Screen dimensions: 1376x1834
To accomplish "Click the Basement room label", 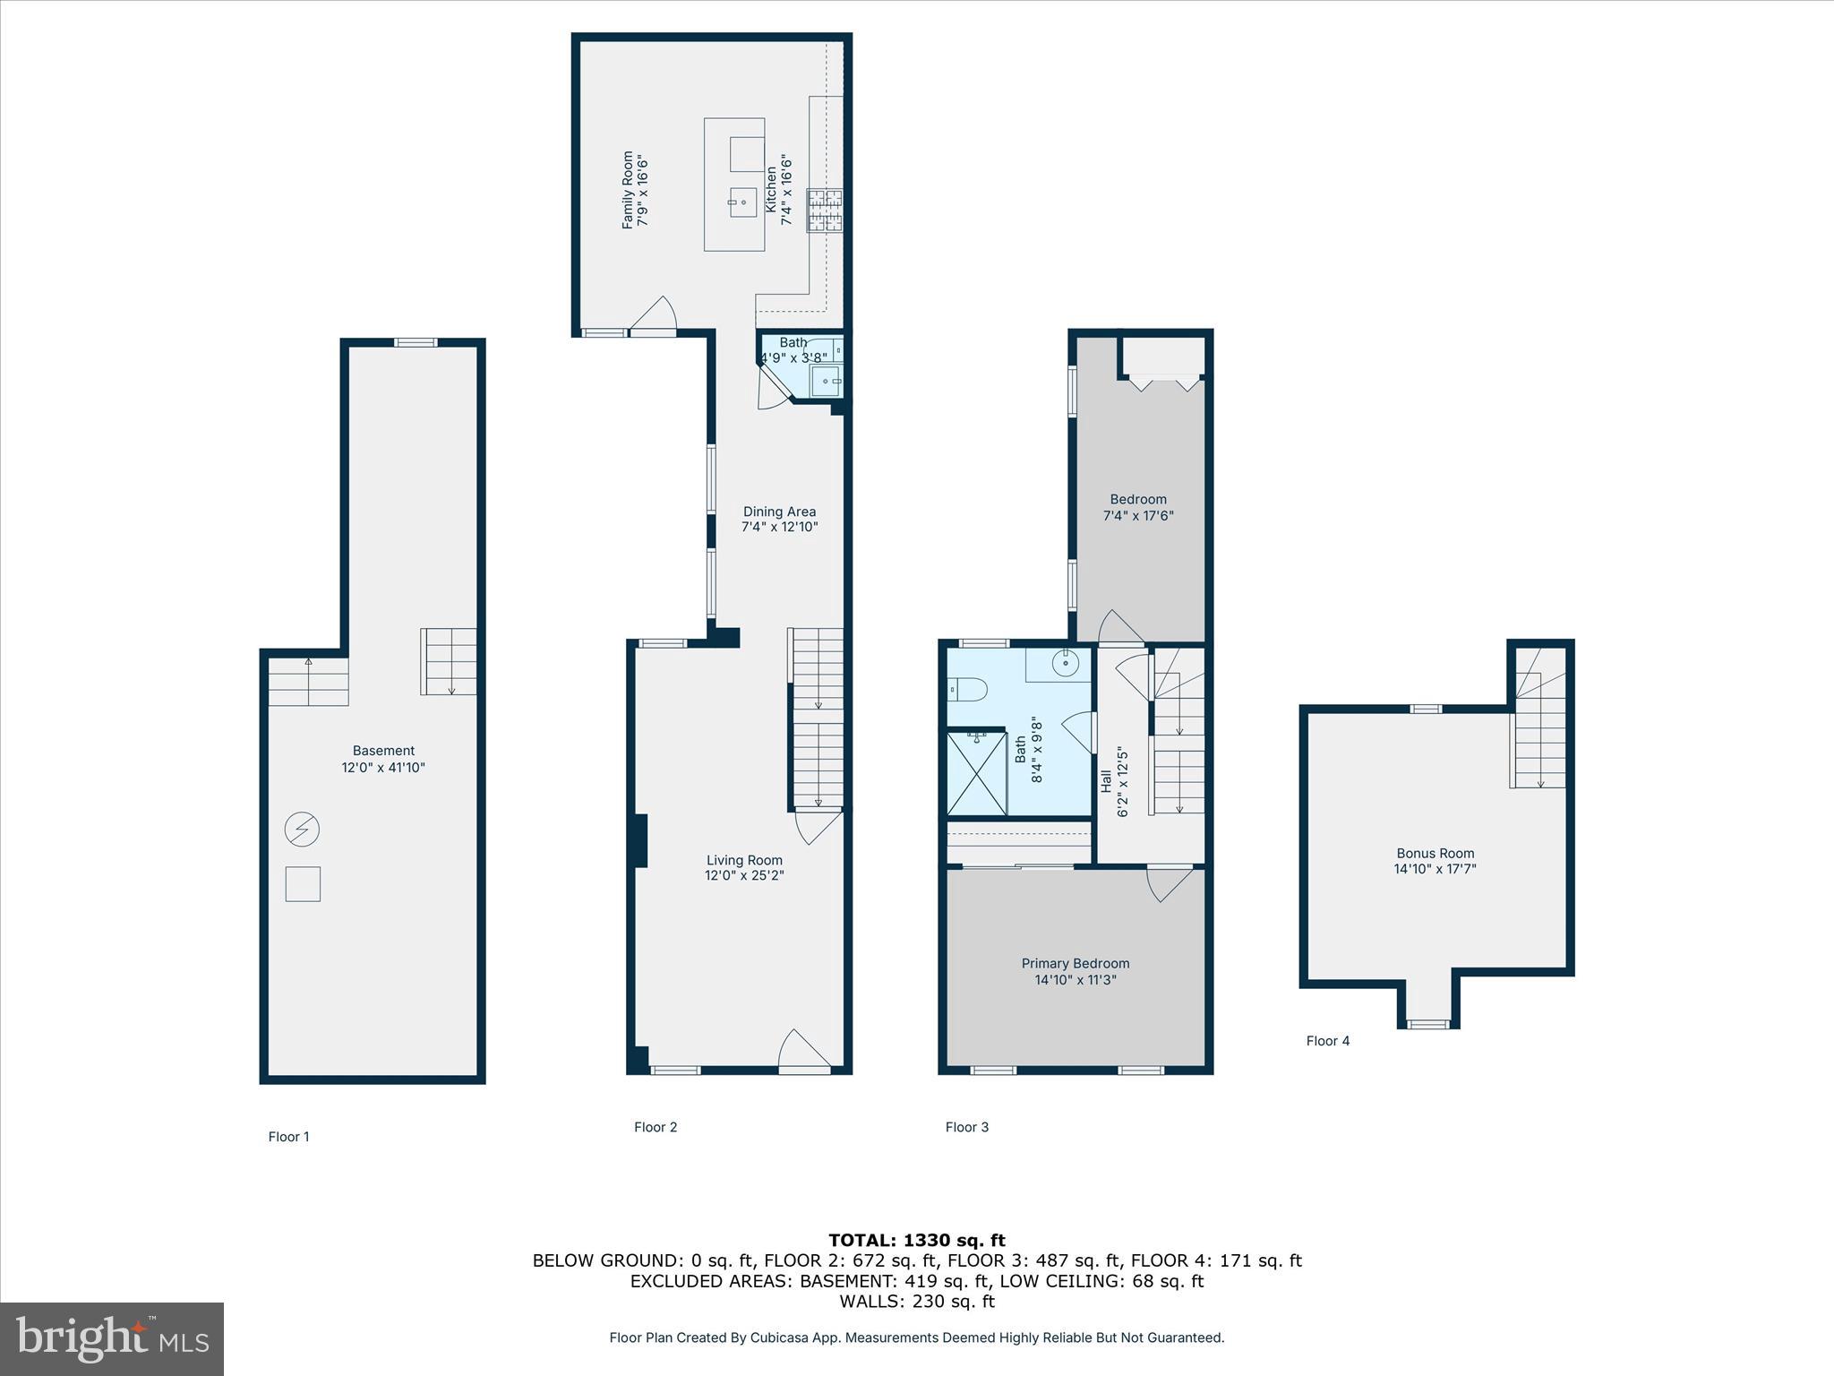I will [x=383, y=751].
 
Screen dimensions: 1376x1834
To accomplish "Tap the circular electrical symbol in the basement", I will [x=302, y=830].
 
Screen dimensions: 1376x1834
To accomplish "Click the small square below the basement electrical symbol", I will [x=303, y=884].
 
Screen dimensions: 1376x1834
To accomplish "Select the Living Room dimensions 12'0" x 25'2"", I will [x=743, y=875].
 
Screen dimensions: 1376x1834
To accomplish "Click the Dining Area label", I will [x=779, y=512].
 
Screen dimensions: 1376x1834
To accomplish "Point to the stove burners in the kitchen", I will [x=826, y=211].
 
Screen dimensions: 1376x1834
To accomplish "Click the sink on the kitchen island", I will [x=742, y=203].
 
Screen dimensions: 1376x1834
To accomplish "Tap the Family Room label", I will [x=628, y=189].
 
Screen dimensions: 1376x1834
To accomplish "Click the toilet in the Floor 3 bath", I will [x=967, y=689].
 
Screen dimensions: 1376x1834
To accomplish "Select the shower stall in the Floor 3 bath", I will [x=976, y=774].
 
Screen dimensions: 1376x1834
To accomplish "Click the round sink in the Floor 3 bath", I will [x=1066, y=664].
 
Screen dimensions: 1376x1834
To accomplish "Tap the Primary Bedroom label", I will [x=1075, y=963].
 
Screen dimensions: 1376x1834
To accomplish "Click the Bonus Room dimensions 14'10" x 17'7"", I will [x=1435, y=868].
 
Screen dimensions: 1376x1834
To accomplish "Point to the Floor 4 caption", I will [x=1327, y=1040].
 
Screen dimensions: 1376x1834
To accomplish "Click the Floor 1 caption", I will [x=288, y=1137].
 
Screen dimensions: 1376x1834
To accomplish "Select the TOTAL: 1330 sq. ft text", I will [x=916, y=1240].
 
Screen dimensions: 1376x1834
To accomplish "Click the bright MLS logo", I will [x=112, y=1338].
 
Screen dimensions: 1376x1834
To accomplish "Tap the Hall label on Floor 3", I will [x=1106, y=781].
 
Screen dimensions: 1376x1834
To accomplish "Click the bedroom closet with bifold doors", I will [x=1163, y=360].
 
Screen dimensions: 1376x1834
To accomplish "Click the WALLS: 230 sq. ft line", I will [x=916, y=1302].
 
